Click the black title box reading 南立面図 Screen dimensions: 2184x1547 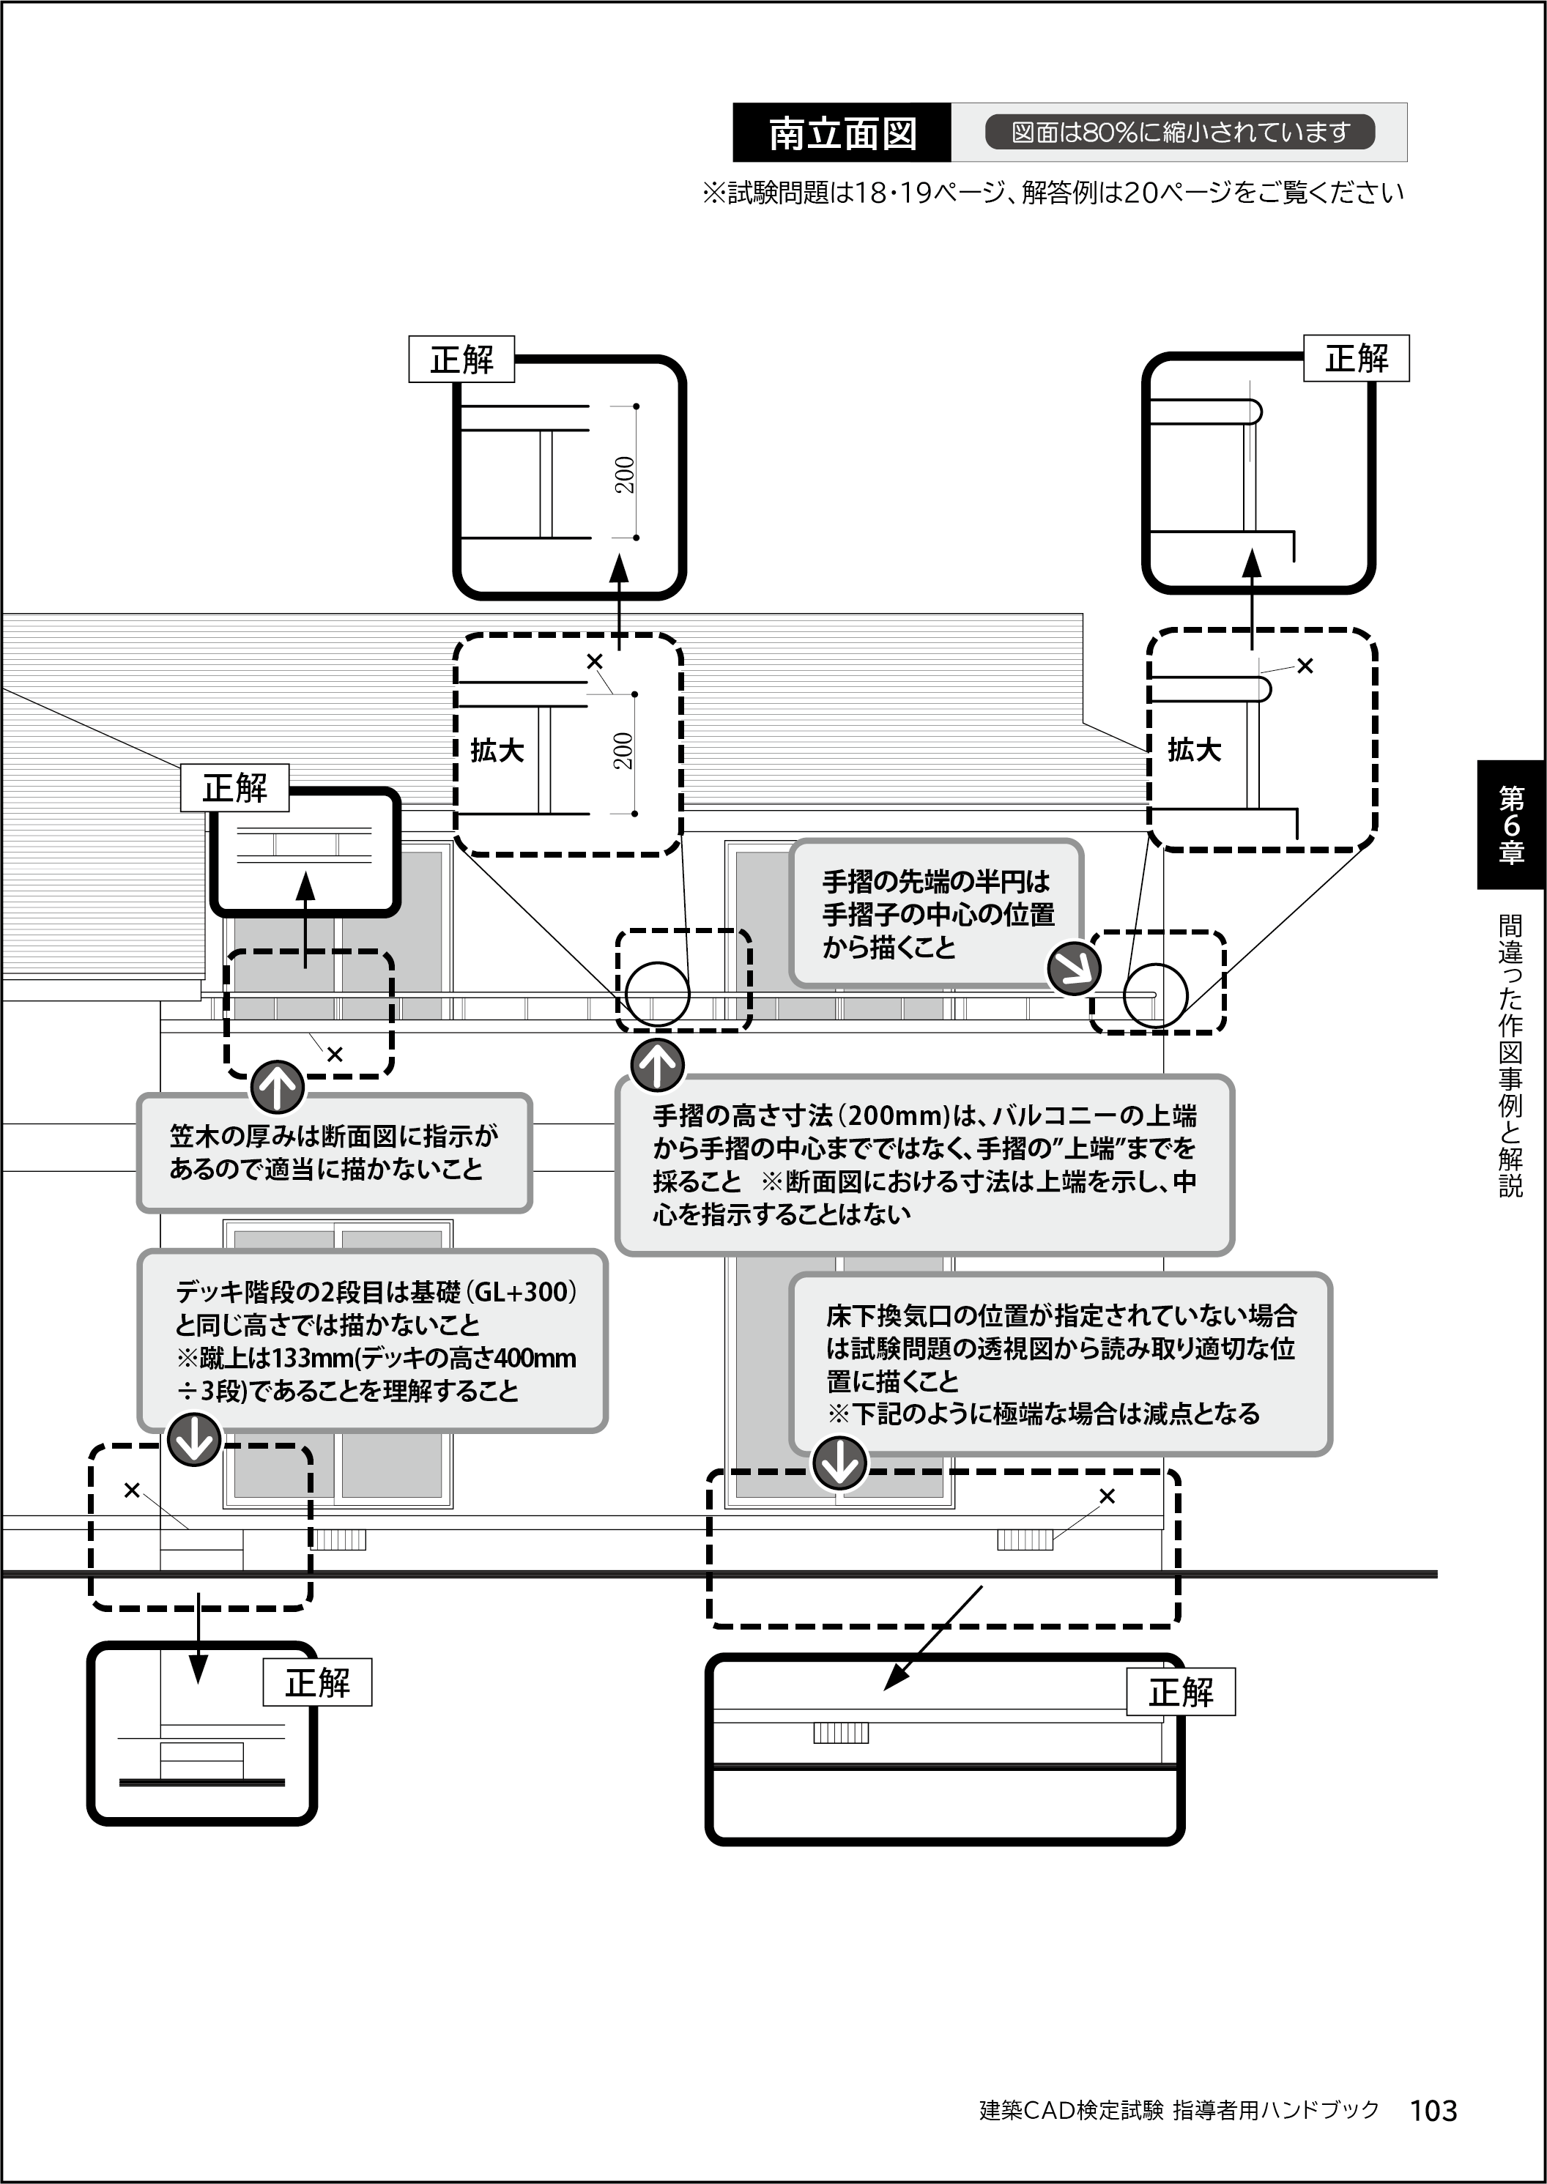[842, 133]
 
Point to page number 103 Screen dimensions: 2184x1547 [1433, 2111]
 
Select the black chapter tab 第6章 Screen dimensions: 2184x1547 [1511, 825]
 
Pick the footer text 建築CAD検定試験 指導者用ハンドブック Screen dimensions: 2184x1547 [1179, 2110]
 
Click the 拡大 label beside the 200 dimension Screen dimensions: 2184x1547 [497, 751]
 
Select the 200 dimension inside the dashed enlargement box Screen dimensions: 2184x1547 [623, 751]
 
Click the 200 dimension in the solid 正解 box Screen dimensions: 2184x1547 [625, 475]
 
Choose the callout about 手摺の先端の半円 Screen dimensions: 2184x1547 [936, 913]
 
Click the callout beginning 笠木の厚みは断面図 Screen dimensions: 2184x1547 [334, 1153]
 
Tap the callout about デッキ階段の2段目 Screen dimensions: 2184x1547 [374, 1340]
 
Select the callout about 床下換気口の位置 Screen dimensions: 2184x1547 [1059, 1364]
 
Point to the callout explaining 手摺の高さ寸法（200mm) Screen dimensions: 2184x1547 [924, 1164]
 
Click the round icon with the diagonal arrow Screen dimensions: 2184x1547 [1074, 969]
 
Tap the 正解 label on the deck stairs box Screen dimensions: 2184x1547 [317, 1682]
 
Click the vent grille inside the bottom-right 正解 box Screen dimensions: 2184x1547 [840, 1733]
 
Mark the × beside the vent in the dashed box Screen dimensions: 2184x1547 [1107, 1496]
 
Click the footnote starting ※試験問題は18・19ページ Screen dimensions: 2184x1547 [1053, 193]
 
